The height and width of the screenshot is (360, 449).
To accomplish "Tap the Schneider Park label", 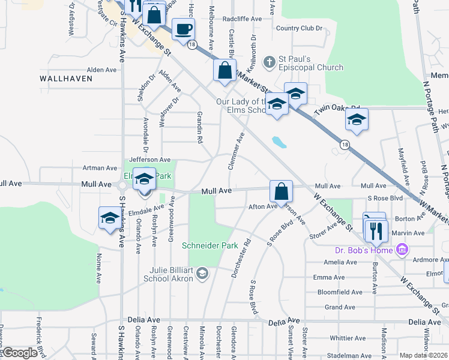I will (x=209, y=245).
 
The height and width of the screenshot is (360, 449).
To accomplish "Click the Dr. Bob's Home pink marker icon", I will (x=402, y=249).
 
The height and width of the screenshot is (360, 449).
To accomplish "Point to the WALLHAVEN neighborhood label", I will (x=66, y=79).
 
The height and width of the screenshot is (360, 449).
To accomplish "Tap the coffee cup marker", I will (x=183, y=29).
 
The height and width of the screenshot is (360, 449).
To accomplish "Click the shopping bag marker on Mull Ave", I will (x=281, y=192).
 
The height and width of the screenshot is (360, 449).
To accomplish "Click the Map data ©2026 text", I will (x=424, y=355).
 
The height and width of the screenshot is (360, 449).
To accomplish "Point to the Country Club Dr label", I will (x=299, y=28).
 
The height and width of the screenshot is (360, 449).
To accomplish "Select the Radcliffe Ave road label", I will (x=242, y=19).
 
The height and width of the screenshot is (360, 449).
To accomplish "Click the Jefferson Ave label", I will (x=150, y=160).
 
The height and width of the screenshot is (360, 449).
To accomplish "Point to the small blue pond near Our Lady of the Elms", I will (x=279, y=142).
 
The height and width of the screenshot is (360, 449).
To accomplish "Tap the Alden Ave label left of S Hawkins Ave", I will (x=102, y=70).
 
